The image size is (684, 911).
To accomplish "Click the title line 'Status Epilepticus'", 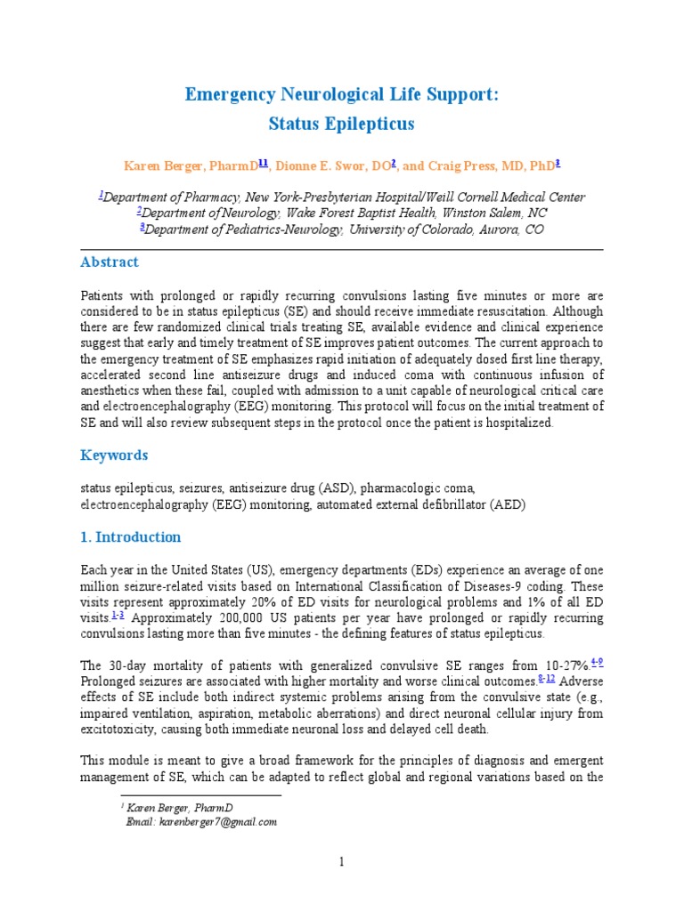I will [342, 124].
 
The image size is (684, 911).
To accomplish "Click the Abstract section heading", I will [110, 262].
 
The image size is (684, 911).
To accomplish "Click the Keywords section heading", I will [114, 455].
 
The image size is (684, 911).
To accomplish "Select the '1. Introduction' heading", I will [131, 537].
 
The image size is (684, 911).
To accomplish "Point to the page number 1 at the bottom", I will [341, 861].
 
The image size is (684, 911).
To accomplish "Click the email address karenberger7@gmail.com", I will [219, 822].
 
